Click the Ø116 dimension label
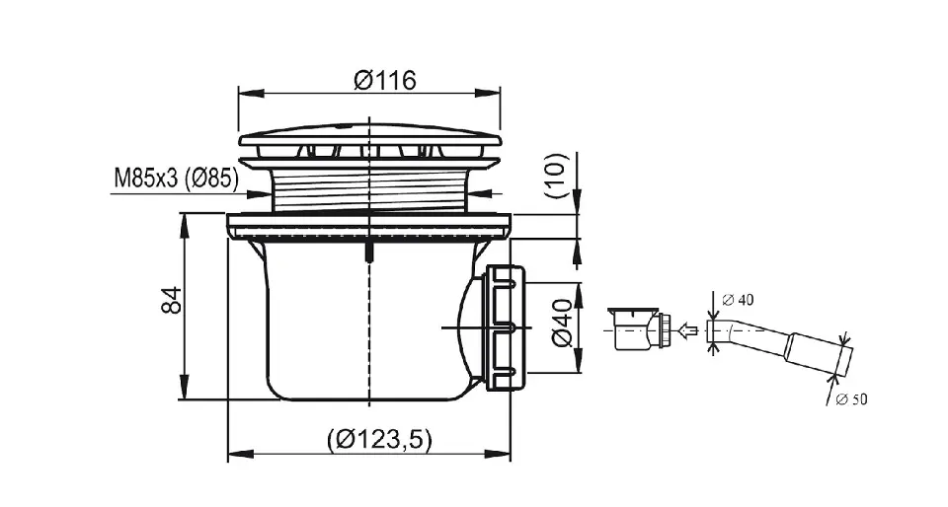coord(385,80)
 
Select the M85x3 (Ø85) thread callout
coord(176,179)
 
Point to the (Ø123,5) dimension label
coord(380,439)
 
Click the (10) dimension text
coord(557,177)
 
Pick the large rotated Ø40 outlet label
coord(562,323)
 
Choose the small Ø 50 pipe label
coord(852,398)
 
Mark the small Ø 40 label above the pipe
coord(739,300)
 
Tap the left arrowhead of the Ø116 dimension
coord(252,93)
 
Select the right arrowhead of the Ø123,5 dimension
coord(498,454)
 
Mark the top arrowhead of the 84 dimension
coord(184,226)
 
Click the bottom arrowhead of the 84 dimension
coord(184,387)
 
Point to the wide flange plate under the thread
coord(369,226)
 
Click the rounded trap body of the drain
coord(368,319)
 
